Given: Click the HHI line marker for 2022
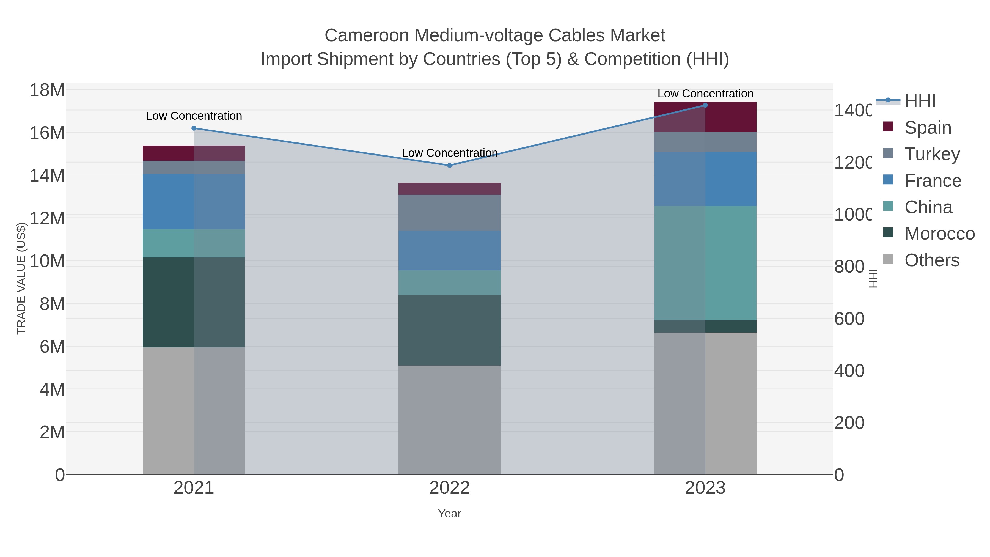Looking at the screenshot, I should pos(449,165).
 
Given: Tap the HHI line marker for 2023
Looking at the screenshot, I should pos(705,105).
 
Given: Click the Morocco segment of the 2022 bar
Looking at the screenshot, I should pos(449,330).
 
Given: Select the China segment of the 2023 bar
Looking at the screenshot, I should pos(705,263).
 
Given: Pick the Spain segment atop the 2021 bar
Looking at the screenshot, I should pos(194,153).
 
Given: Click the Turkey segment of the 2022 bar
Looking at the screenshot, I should pos(449,213).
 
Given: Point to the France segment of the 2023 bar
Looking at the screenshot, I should pos(705,179).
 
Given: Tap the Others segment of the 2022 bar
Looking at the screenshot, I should pos(449,419).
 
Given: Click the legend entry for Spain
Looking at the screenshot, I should pos(927,128).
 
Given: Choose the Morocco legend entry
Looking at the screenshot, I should pos(939,234).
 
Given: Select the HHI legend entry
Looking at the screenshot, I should pos(919,101).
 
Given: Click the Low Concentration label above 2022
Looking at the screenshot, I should pos(449,153).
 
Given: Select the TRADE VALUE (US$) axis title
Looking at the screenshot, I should pos(21,278).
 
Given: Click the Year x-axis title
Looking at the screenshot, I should pos(449,514).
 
